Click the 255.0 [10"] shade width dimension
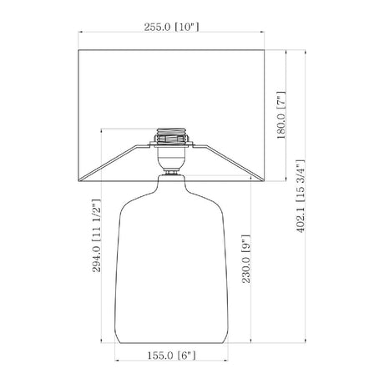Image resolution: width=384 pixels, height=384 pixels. point(171,28)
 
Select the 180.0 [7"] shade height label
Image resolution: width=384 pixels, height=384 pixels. point(281,115)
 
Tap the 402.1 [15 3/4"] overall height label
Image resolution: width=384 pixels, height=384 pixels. point(301,196)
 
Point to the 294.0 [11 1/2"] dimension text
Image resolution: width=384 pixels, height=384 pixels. point(96,235)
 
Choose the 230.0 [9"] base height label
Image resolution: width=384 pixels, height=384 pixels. point(246,259)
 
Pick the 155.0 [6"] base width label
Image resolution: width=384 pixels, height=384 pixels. point(171,356)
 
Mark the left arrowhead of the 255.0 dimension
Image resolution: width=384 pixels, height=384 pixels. point(80,32)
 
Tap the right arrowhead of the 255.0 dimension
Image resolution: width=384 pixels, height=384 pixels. point(262,32)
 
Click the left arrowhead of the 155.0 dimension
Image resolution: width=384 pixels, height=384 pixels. point(117,361)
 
